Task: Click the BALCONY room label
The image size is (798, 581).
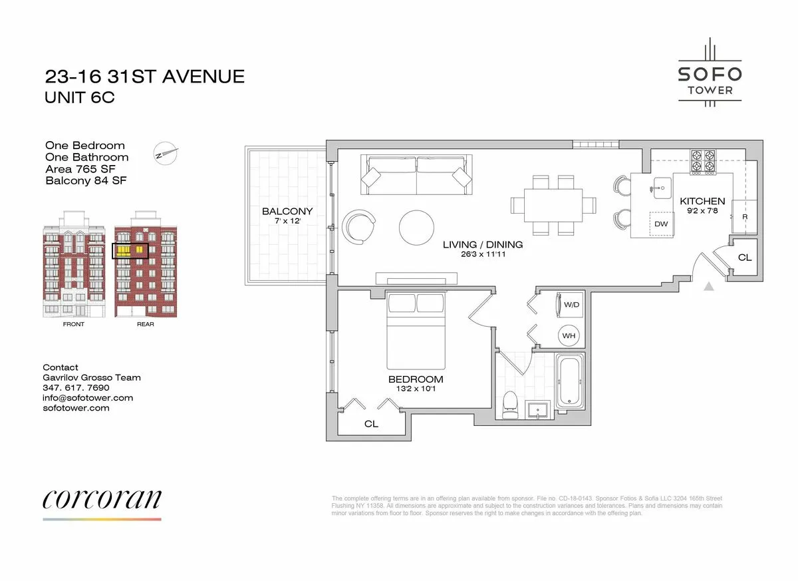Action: (x=287, y=212)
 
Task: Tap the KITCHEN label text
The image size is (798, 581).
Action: (x=702, y=201)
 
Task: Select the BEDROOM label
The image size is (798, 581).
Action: (x=416, y=379)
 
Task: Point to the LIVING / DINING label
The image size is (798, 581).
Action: (x=483, y=245)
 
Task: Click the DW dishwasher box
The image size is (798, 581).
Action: (x=661, y=224)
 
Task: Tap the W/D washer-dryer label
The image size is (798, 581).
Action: (x=572, y=305)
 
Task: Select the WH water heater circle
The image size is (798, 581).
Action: (x=569, y=336)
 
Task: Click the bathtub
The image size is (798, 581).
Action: (x=571, y=384)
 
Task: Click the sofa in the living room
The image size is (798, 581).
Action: (x=416, y=174)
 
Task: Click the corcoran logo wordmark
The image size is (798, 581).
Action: (x=102, y=499)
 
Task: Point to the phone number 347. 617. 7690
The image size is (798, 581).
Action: (x=76, y=387)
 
